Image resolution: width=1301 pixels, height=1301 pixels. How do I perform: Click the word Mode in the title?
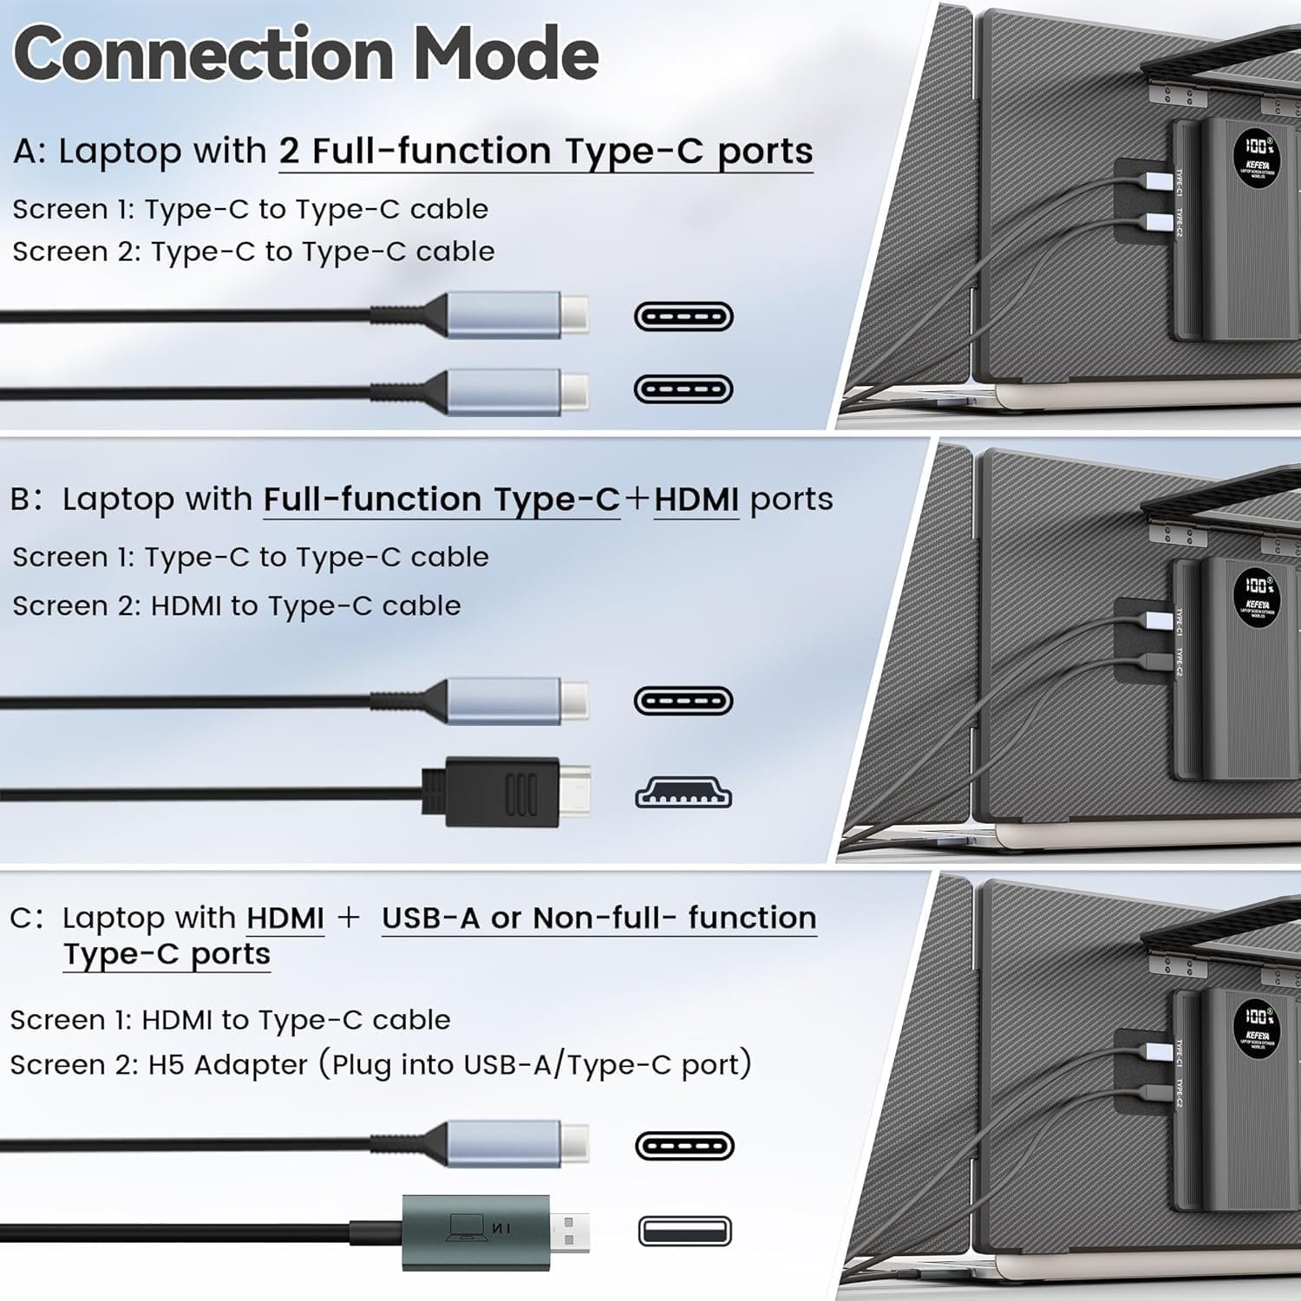506,54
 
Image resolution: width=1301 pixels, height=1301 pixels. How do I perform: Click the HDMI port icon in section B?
683,793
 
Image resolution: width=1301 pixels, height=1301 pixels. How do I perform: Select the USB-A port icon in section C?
684,1231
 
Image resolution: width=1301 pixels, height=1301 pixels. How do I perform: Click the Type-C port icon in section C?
684,1146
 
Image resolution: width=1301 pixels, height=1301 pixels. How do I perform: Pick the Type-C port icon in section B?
683,701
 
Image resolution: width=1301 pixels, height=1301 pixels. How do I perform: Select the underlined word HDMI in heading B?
696,500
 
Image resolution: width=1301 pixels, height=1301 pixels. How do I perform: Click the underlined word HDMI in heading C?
285,918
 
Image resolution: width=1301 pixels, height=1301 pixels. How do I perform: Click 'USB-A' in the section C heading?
430,918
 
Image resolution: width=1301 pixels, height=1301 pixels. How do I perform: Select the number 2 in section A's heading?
289,152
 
